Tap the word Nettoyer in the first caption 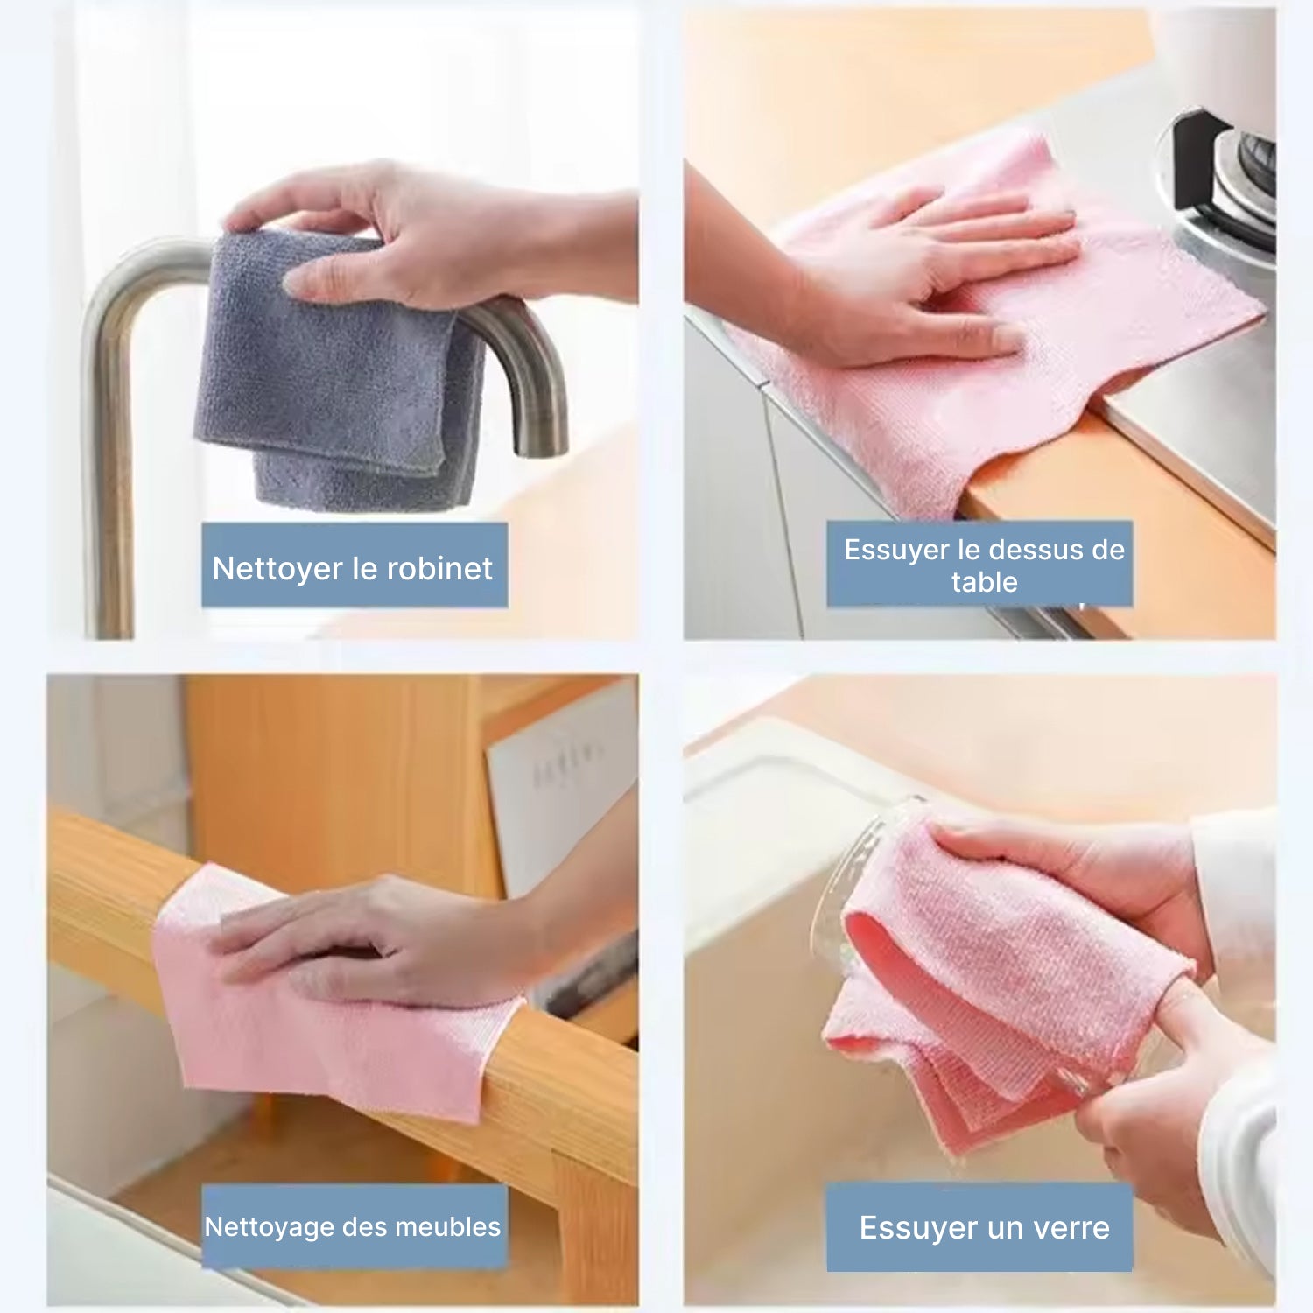tap(277, 569)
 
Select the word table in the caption tap(985, 582)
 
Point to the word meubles tap(448, 1227)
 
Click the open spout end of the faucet tap(540, 446)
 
